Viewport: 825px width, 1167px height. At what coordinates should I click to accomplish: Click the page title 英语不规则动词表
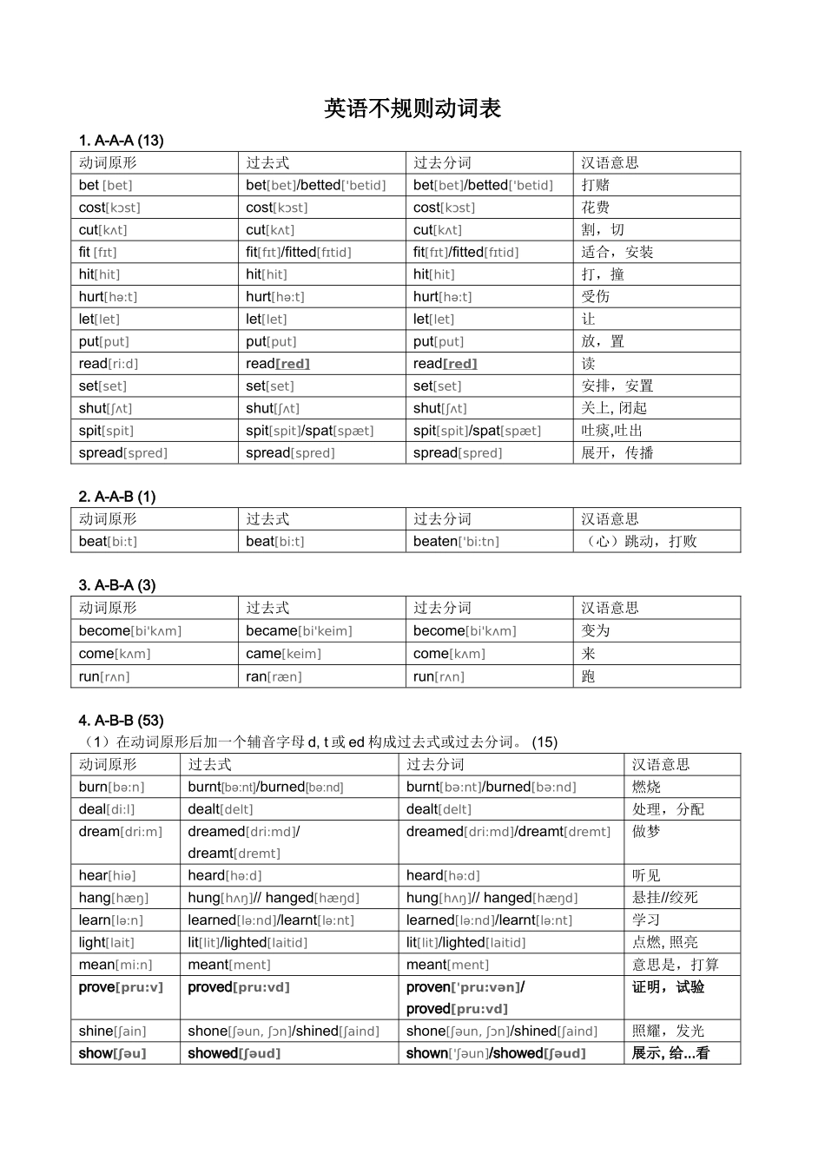coord(412,109)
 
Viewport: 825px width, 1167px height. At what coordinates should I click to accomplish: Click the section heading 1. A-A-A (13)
coord(121,141)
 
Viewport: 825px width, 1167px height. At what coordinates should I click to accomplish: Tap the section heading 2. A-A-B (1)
coord(117,497)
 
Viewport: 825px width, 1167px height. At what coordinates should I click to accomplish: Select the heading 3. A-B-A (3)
coord(117,585)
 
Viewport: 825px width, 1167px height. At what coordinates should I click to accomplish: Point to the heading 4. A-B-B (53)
coord(121,720)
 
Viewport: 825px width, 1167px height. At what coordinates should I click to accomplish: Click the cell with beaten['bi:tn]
coord(456,541)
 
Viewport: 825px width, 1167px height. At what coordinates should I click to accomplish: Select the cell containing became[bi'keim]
coord(299,631)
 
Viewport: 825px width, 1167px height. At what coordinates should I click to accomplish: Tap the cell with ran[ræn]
coord(274,676)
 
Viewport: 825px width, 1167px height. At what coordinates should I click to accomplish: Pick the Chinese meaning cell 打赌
coord(596,185)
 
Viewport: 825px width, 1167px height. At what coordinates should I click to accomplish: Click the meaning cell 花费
coord(596,208)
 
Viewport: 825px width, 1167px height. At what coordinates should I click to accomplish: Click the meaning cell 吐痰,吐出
coord(611,431)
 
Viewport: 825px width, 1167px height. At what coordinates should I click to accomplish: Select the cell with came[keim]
coord(283,654)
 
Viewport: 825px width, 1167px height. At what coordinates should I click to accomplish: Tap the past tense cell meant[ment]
coord(229,965)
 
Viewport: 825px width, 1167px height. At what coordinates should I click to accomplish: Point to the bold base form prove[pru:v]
coord(121,987)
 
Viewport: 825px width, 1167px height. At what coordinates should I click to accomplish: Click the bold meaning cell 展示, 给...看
coord(670,1053)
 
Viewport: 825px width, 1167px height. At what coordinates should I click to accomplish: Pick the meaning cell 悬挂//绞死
coord(664,898)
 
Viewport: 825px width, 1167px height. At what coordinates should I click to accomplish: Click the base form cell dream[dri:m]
coord(121,832)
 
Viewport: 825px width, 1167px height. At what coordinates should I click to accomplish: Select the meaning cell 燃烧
coord(646,787)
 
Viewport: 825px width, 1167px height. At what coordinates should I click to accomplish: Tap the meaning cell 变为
coord(596,631)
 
